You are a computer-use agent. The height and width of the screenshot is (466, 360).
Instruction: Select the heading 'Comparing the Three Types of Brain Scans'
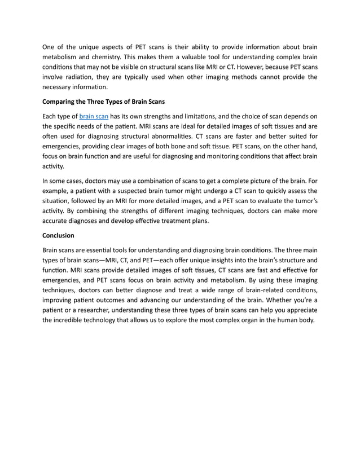[x=104, y=102]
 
